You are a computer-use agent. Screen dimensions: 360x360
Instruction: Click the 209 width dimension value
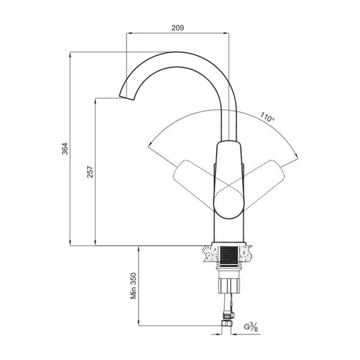pos(178,28)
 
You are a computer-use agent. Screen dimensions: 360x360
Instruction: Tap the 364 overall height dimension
pos(65,149)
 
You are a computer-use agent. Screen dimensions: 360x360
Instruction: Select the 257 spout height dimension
pos(90,171)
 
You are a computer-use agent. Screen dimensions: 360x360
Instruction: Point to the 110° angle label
pos(267,117)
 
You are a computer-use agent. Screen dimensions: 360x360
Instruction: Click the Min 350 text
pos(133,286)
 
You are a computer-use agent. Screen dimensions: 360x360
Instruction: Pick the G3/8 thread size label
pos(251,327)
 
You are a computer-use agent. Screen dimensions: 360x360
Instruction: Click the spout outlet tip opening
pos(126,97)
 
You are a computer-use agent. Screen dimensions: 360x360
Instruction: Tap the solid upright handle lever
pos(229,180)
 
